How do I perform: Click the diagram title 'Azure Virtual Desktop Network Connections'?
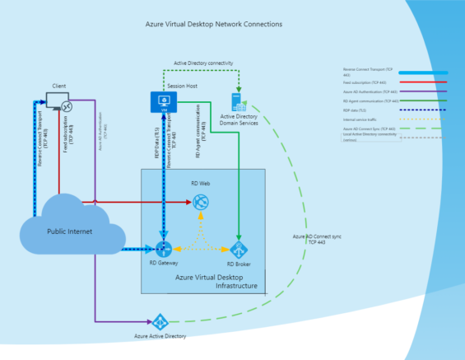213,25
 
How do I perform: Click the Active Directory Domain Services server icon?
238,102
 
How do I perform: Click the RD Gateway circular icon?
161,249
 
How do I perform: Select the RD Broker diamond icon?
239,249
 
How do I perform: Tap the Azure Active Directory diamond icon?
159,320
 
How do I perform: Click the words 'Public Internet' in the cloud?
69,231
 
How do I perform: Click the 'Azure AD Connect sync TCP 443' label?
311,240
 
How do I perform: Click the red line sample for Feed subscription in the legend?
417,82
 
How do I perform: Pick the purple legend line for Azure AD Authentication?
417,91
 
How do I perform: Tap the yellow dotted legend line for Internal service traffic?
417,119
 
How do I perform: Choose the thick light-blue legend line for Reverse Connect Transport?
417,72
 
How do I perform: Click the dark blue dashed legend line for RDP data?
417,110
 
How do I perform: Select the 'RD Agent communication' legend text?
370,101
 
